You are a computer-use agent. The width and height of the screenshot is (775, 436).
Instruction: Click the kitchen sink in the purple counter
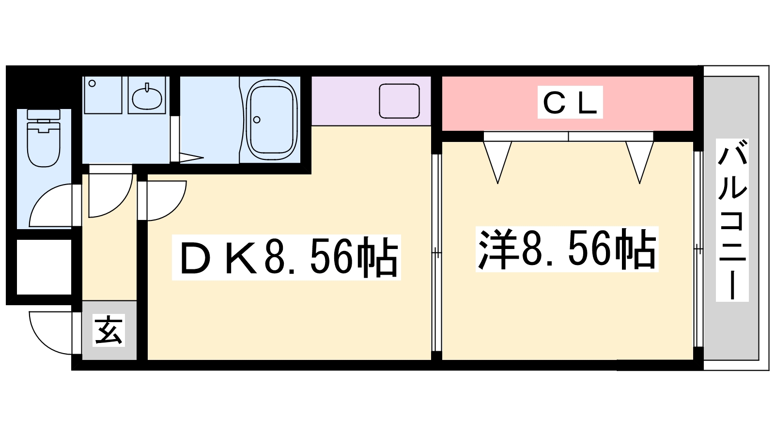coord(399,101)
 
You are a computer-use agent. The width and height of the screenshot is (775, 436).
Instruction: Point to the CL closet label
coord(570,102)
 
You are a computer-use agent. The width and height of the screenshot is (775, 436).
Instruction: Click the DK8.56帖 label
coord(286,257)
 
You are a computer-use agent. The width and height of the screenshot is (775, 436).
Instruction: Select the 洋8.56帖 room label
coord(567,249)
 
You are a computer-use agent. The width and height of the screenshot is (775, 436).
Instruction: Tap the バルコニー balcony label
coord(732,220)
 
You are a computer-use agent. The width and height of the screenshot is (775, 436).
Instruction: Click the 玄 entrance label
coord(108,330)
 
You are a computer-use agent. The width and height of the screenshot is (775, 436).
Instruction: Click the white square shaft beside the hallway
coord(44,267)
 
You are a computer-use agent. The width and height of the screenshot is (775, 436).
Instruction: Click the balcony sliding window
coord(698,249)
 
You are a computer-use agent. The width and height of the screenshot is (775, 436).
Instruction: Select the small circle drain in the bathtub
coord(257,120)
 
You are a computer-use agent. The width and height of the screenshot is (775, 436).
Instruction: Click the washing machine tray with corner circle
coord(103,95)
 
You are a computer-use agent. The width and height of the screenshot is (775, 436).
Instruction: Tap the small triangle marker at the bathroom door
coord(191,158)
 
